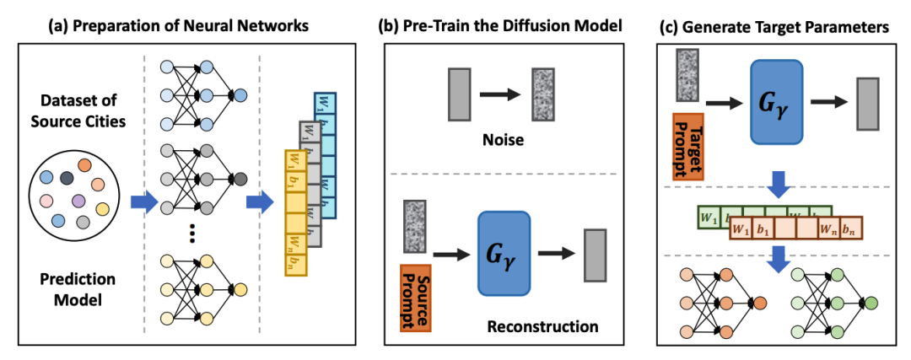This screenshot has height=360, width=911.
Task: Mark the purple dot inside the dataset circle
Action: (78, 201)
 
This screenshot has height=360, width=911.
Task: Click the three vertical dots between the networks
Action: (193, 234)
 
